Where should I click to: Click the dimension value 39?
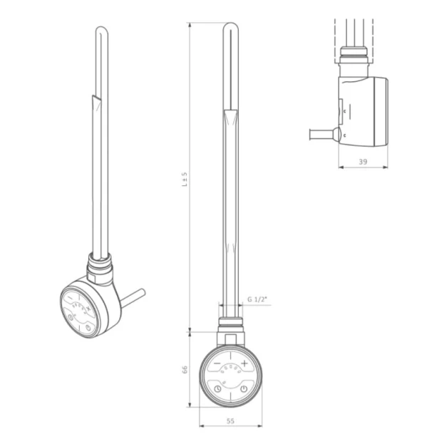click(363, 162)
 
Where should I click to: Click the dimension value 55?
click(230, 421)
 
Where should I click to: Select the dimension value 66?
click(185, 370)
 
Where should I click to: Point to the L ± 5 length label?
click(185, 180)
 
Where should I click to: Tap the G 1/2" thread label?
click(257, 299)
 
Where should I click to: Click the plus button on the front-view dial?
click(244, 363)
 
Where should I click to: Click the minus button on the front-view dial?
click(217, 363)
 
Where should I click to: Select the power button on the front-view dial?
click(244, 389)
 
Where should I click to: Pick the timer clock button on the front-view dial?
click(217, 389)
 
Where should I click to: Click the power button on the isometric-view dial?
click(88, 328)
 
